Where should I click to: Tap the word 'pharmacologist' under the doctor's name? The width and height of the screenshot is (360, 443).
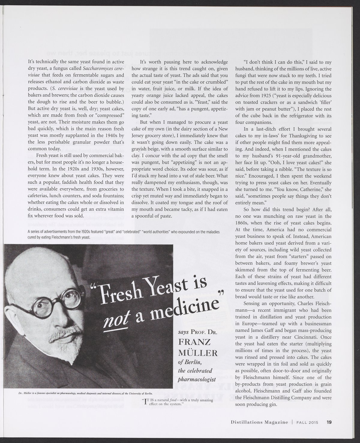tap(197, 379)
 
